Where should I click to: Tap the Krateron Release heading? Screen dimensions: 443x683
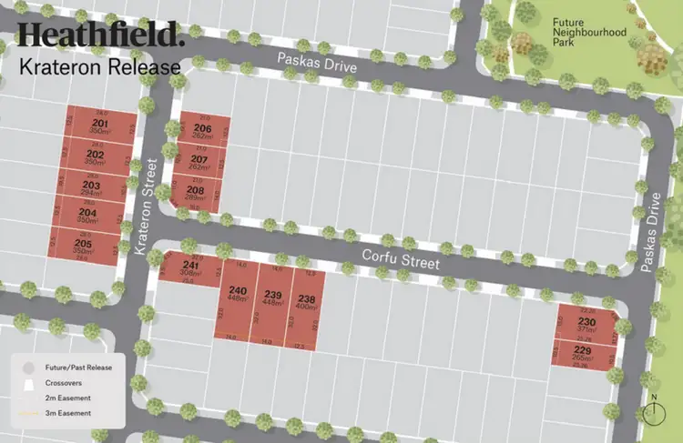[99, 66]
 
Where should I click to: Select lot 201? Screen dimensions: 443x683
[100, 127]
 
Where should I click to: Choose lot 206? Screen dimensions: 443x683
[202, 133]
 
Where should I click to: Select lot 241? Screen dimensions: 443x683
[189, 269]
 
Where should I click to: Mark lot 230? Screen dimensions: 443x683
[586, 326]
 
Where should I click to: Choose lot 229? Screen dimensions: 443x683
[583, 354]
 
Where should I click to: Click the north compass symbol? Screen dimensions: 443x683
[653, 411]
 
